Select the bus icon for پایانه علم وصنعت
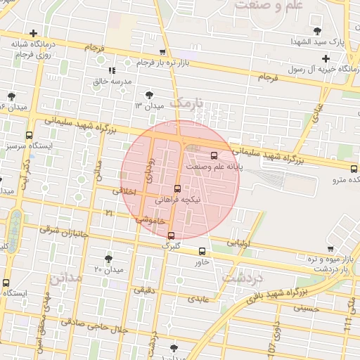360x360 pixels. pos(214,156)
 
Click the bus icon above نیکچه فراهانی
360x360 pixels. pos(176,188)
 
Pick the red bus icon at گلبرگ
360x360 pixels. pos(172,236)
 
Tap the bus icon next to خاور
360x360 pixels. pos(202,251)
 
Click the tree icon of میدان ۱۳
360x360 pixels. pos(149,94)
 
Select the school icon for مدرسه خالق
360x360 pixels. pos(111,70)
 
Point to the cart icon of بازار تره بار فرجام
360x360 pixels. pos(163,52)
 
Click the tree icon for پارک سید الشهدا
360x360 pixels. pos(319,30)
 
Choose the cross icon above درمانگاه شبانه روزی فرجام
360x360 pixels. pos(33,33)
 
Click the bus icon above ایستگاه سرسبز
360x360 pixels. pos(29,135)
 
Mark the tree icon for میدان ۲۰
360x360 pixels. pos(108,259)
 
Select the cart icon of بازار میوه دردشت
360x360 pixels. pos(330,248)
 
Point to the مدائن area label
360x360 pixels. pos(67,277)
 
